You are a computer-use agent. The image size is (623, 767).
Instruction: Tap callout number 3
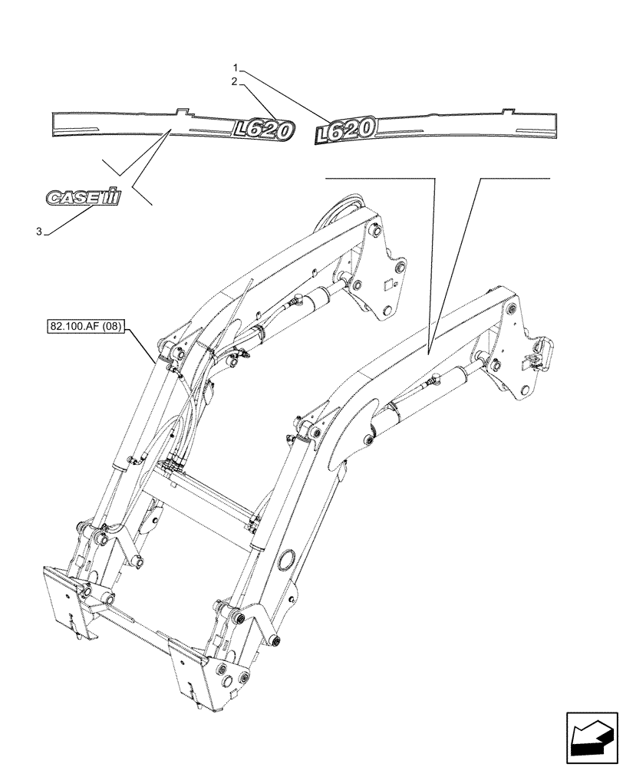coord(38,232)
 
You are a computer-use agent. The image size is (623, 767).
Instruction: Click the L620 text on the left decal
coord(262,131)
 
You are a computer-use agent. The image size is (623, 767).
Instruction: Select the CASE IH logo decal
coord(84,197)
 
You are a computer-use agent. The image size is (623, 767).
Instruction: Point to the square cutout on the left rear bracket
coord(388,285)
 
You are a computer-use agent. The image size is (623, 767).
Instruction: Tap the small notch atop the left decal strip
coord(181,112)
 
